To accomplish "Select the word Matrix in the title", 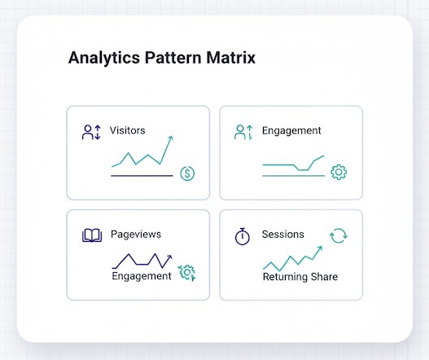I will click(x=231, y=59).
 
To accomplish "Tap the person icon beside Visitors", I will click(x=89, y=131).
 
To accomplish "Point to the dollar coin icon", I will click(x=187, y=173).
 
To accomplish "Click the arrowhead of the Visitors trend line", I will click(x=171, y=138).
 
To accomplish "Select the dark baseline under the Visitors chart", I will click(x=142, y=175).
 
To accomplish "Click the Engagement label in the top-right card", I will click(x=291, y=131).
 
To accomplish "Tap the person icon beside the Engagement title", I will click(x=242, y=131).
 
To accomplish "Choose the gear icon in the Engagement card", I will click(x=339, y=172).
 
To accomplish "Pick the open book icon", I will click(x=92, y=235).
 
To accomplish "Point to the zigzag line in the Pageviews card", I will click(x=142, y=260).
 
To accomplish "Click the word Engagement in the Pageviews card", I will click(x=142, y=276).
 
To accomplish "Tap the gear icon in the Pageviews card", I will click(x=187, y=273).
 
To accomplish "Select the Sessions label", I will click(x=282, y=235).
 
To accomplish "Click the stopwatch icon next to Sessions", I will click(x=242, y=235).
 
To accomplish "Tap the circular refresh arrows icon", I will click(x=339, y=236).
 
